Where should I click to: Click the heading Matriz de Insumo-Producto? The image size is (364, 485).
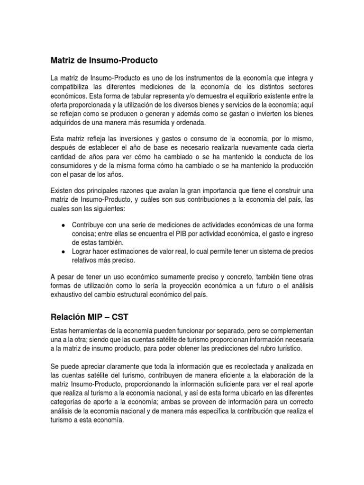(104, 61)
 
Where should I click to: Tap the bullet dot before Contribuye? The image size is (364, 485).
(63, 225)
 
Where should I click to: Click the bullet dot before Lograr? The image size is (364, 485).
(63, 251)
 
